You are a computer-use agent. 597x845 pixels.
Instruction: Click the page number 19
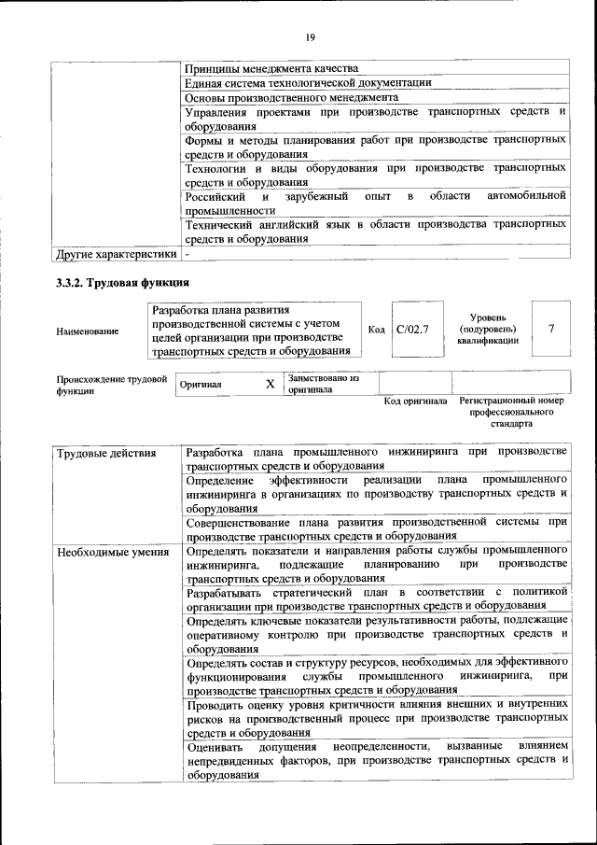pos(310,36)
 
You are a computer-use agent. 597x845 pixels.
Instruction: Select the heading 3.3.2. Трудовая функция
pos(123,283)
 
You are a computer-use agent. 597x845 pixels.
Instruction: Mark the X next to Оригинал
pos(270,384)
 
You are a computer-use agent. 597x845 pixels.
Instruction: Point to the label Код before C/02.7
pos(377,330)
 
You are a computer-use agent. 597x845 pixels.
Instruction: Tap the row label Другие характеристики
pos(116,253)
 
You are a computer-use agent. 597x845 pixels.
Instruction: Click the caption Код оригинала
pos(416,401)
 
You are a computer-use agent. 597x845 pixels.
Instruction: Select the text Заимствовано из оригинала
pos(324,384)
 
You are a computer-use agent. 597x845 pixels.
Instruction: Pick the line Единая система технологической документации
pos(308,82)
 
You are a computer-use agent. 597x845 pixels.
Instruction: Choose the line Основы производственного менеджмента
pos(292,96)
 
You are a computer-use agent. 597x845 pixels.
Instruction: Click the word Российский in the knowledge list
pos(215,196)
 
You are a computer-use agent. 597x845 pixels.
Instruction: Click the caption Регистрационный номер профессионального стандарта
pos(512,412)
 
